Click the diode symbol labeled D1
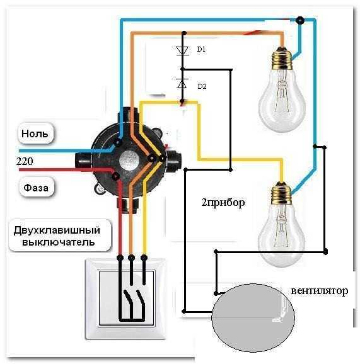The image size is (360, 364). pyautogui.click(x=182, y=50)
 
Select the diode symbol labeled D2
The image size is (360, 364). pyautogui.click(x=182, y=83)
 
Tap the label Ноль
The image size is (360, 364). pyautogui.click(x=35, y=134)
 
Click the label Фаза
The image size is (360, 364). pyautogui.click(x=36, y=188)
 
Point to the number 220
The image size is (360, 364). pyautogui.click(x=25, y=161)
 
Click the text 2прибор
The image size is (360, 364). pyautogui.click(x=223, y=203)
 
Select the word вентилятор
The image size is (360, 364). pyautogui.click(x=320, y=291)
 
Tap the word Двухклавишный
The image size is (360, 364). pyautogui.click(x=57, y=230)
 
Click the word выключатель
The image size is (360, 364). pyautogui.click(x=58, y=242)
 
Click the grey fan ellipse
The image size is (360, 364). pyautogui.click(x=253, y=317)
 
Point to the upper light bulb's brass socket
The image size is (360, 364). pyautogui.click(x=282, y=58)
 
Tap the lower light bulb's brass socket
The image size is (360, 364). pyautogui.click(x=281, y=193)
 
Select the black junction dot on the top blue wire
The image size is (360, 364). pyautogui.click(x=300, y=20)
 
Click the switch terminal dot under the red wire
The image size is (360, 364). pyautogui.click(x=120, y=257)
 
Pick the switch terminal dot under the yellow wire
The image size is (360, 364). pyautogui.click(x=144, y=257)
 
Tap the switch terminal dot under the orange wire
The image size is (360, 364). pyautogui.click(x=132, y=257)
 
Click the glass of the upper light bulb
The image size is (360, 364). pyautogui.click(x=282, y=101)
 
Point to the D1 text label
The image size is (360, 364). pyautogui.click(x=201, y=49)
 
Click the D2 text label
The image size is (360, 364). pyautogui.click(x=202, y=86)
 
